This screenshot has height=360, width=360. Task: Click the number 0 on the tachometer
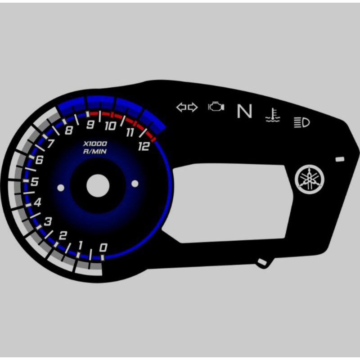[103, 247]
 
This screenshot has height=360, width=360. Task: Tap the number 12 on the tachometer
[144, 146]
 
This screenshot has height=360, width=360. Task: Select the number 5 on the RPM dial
[34, 182]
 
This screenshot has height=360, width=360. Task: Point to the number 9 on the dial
[90, 125]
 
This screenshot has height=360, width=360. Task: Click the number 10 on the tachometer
[110, 126]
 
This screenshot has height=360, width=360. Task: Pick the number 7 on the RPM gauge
[51, 144]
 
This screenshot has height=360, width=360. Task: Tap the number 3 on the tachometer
[48, 221]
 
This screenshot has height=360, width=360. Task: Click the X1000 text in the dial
[95, 144]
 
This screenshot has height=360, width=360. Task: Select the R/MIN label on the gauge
[95, 152]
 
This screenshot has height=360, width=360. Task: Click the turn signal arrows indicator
[187, 108]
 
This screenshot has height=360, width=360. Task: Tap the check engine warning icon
[216, 107]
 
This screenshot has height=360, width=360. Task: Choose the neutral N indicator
[244, 111]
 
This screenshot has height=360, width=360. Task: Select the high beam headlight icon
[301, 122]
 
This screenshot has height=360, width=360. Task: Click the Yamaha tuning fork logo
[309, 179]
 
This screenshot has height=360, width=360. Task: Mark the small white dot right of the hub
[135, 183]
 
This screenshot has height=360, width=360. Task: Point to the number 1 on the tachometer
[81, 245]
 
